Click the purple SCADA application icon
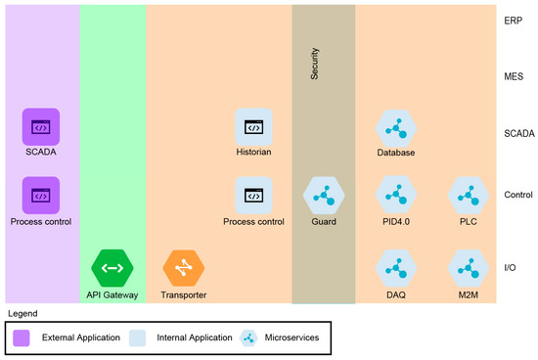41,127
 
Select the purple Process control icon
41,196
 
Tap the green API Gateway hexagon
111,266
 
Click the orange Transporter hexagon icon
183,266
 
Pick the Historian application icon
253,127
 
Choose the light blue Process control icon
253,196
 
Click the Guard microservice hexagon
323,196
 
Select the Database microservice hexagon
396,127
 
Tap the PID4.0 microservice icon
396,196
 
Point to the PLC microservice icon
468,196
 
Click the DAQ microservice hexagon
396,266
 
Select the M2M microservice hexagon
468,266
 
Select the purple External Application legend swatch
22,337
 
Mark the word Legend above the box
23,313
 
